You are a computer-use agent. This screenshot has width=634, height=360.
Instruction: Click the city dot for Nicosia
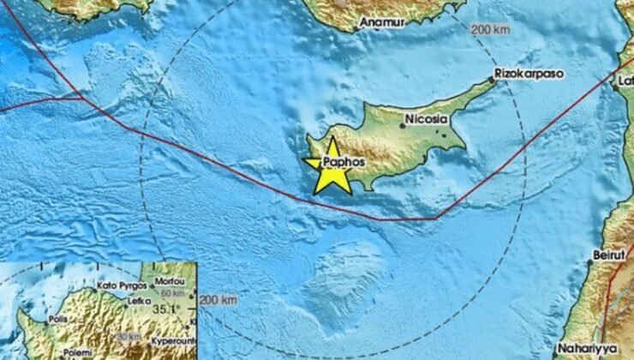[404, 126]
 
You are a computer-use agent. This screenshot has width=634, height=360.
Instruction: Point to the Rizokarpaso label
[529, 75]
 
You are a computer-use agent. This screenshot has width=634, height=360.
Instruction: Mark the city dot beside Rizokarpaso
[493, 81]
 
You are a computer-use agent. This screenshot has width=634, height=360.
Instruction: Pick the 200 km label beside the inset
[218, 300]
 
